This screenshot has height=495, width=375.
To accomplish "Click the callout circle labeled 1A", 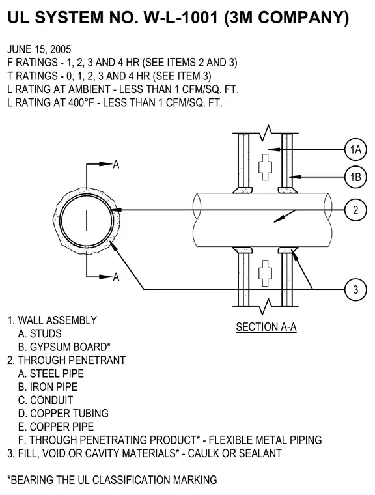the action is (x=355, y=149).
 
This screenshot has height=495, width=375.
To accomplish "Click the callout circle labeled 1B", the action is (x=355, y=177).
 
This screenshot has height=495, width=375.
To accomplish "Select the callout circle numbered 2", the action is (x=355, y=210).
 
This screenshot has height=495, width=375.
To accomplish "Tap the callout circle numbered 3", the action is (x=355, y=289).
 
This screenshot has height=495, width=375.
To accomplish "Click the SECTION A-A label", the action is (x=266, y=327).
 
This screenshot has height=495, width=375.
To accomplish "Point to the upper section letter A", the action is (x=116, y=165).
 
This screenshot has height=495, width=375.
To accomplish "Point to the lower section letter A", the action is (x=116, y=277).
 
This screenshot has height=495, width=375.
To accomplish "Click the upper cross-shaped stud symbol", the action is (x=266, y=167).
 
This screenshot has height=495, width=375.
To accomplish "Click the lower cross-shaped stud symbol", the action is (x=266, y=274).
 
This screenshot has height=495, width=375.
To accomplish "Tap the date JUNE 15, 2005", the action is (x=39, y=49).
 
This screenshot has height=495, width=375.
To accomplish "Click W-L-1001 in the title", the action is (x=181, y=18).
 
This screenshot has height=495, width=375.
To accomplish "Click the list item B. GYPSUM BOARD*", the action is (x=64, y=347).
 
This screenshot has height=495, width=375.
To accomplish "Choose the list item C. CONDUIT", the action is (x=46, y=400).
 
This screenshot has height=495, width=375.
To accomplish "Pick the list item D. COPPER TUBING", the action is (x=63, y=413).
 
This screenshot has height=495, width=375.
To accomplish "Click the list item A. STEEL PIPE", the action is (x=51, y=373).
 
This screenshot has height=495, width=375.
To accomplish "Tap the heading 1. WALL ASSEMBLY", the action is (x=52, y=320).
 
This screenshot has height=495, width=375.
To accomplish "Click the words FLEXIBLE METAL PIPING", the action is (x=265, y=440).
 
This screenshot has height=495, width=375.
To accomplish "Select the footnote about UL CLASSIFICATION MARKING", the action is (x=112, y=480).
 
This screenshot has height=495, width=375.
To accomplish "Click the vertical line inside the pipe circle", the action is (x=87, y=220).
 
